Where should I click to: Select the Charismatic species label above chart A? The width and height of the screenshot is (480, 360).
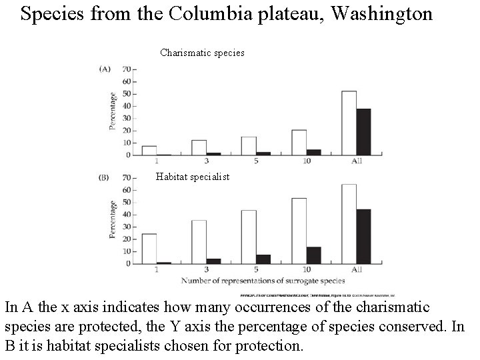coord(202,52)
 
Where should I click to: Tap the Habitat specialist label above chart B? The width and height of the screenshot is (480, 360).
coord(192,177)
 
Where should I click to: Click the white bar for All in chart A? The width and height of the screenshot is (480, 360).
coord(349,123)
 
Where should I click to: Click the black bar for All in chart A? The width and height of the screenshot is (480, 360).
coord(363,132)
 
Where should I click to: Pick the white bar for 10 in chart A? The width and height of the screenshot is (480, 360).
coord(299,142)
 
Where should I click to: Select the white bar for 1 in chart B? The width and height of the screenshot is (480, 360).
coord(149,248)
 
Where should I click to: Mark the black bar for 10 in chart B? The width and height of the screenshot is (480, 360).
coord(313,255)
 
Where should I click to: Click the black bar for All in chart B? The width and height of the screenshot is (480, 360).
coord(363,236)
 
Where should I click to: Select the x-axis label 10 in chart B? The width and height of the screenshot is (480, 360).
coord(305,270)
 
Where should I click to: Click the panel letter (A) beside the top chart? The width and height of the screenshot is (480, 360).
coord(105,68)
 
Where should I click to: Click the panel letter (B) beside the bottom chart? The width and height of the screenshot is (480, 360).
coord(105,177)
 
